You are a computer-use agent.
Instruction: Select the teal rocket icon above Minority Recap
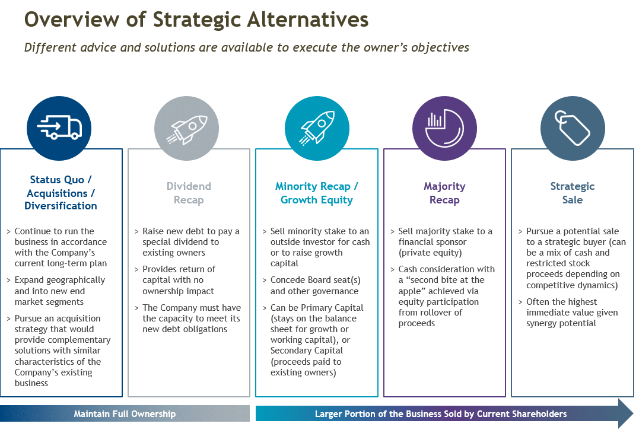point(317,128)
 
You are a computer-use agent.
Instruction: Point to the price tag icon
point(572,128)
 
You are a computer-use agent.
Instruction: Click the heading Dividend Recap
point(189,193)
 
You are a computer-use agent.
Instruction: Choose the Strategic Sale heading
point(573,193)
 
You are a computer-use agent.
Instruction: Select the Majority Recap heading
point(444,193)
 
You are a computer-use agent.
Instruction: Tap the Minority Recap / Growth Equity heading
point(317,193)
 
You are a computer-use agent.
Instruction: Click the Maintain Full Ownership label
point(125,414)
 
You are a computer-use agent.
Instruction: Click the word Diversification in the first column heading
point(61,206)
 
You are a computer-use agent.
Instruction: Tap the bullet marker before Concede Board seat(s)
point(265,281)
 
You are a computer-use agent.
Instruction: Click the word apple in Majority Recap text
point(411,291)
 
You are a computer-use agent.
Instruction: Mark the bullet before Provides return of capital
point(136,269)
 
